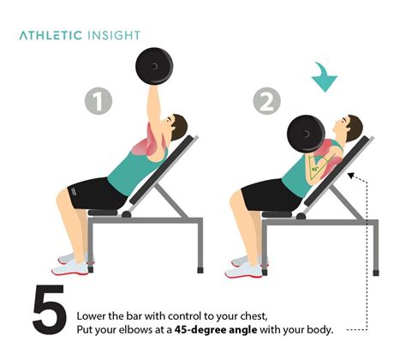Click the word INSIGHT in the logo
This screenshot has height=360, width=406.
[111, 35]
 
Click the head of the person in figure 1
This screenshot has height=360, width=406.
[176, 129]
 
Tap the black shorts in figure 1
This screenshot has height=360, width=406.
[92, 193]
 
